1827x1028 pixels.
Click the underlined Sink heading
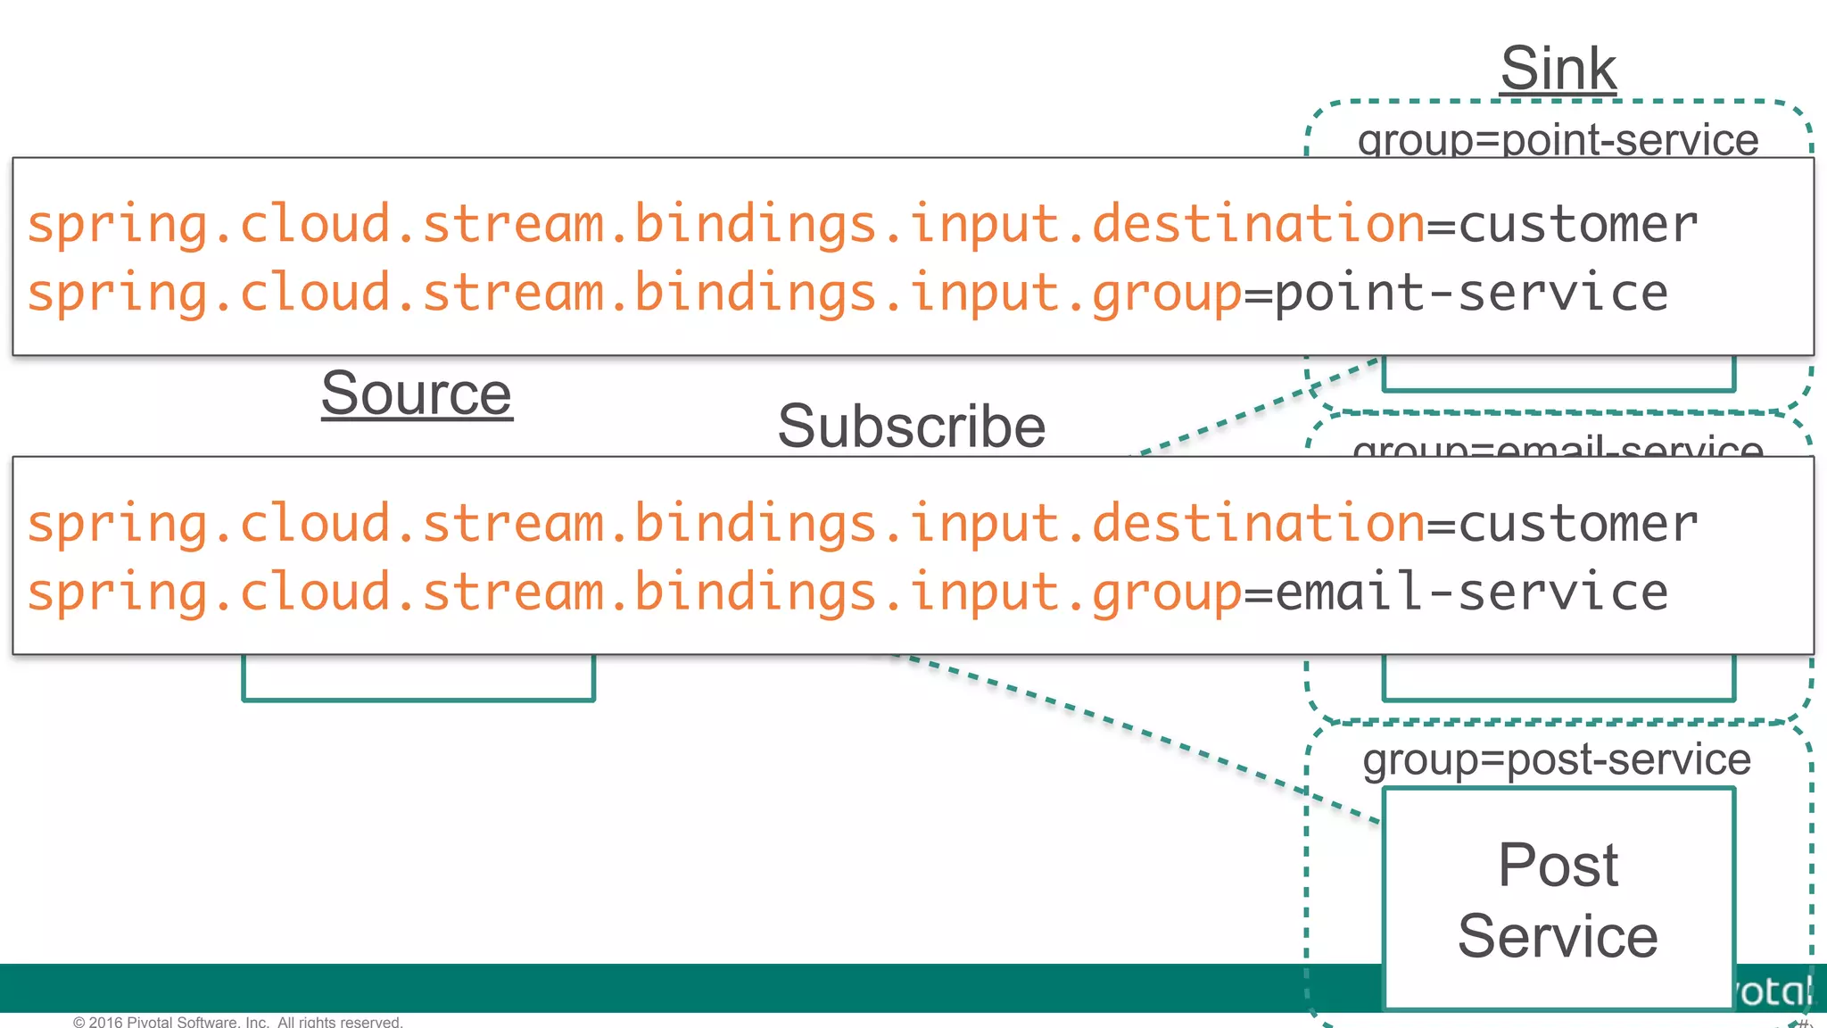click(x=1558, y=69)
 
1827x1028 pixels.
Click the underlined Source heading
click(x=417, y=394)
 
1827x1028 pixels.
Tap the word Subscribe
click(x=911, y=427)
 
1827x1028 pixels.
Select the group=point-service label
click(x=1558, y=141)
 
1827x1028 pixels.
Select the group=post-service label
click(x=1557, y=759)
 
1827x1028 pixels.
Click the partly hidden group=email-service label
click(x=1558, y=446)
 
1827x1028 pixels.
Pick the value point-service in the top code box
click(x=1471, y=294)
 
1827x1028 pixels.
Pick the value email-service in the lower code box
click(x=1471, y=593)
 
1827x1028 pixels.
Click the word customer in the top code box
click(x=1577, y=224)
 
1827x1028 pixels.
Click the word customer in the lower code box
click(x=1577, y=523)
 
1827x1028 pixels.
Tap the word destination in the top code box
click(x=1258, y=224)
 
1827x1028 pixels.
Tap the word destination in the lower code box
click(x=1258, y=523)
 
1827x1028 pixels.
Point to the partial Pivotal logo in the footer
click(x=1775, y=991)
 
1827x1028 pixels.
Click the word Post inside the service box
click(x=1558, y=865)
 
